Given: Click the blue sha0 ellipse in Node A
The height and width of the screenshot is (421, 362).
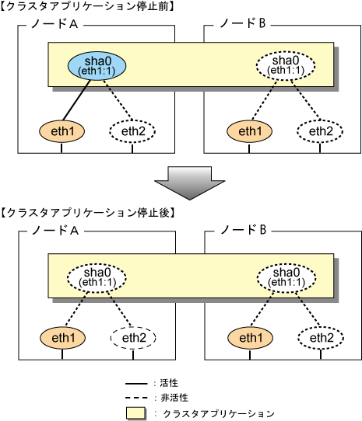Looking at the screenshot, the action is (x=97, y=66).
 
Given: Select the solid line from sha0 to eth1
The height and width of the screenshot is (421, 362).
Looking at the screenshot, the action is (x=76, y=100).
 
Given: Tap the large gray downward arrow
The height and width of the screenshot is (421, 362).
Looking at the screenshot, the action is (x=189, y=183).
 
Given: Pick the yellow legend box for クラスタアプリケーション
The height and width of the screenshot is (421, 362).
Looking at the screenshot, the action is (x=136, y=413).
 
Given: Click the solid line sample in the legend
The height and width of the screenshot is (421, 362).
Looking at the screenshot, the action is (x=136, y=384).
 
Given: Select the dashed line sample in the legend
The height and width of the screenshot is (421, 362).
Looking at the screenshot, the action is (x=136, y=398).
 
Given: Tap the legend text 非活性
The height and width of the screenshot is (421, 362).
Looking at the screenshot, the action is (x=174, y=398).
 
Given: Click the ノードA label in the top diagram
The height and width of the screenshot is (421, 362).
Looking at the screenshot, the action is (x=54, y=24).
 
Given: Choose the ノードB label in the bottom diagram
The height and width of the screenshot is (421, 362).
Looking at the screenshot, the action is (x=244, y=230).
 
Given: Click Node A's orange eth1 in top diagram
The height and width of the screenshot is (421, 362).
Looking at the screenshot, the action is (x=62, y=131).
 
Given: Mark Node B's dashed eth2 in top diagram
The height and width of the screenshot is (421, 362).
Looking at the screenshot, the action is (x=320, y=131).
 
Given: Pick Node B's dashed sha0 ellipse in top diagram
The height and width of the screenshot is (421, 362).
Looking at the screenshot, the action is (x=286, y=65).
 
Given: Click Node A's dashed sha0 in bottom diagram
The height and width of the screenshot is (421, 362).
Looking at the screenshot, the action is (x=97, y=277).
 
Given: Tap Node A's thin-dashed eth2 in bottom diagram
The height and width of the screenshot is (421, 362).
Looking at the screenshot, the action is (x=133, y=338).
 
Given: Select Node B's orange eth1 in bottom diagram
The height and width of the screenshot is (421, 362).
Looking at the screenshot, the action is (x=251, y=338).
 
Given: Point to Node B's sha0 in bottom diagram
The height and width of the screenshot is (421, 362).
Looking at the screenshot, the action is (x=286, y=277).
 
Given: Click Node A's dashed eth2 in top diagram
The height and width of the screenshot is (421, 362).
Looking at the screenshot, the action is (x=132, y=131).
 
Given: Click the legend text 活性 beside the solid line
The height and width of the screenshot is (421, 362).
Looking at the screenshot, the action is (x=169, y=383).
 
